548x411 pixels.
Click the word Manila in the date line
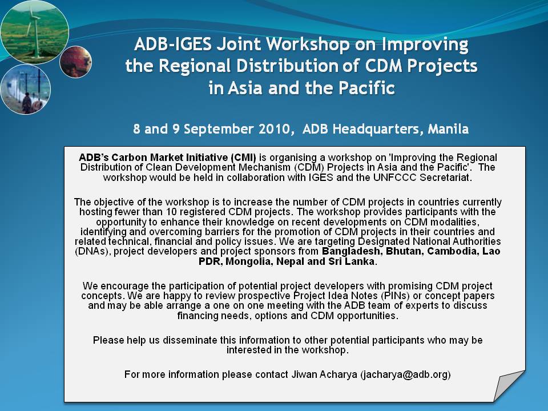click(448, 129)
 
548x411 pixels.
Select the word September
click(219, 130)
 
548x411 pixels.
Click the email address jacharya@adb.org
click(405, 374)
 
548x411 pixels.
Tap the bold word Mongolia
click(249, 261)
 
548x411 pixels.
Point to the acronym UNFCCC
click(394, 178)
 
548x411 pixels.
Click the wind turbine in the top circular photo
click(35, 32)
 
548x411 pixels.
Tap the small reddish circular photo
click(75, 62)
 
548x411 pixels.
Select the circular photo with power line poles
click(26, 90)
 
